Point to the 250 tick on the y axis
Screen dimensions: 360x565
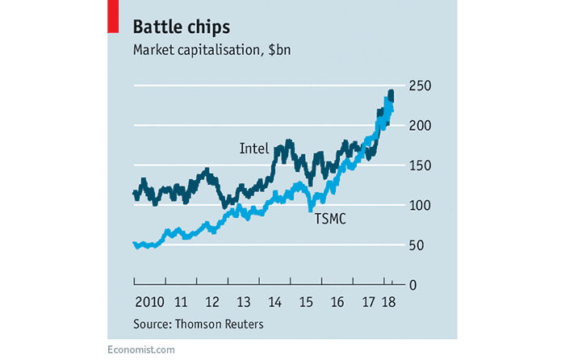tap(418, 86)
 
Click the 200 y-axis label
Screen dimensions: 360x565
tap(418, 125)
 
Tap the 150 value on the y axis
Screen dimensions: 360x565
tap(418, 165)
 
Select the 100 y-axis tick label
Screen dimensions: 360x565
tap(418, 205)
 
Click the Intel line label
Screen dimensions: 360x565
tap(253, 149)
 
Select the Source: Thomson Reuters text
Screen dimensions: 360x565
tap(198, 324)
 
